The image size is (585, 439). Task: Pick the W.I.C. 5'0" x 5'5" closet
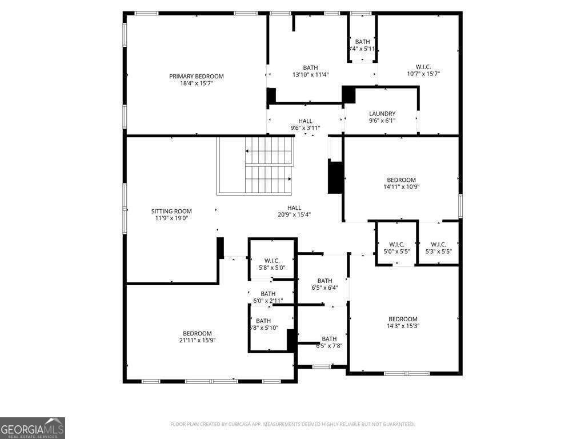pos(396,248)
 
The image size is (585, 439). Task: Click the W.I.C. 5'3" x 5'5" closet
pos(438,248)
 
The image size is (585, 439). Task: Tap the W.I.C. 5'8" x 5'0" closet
pos(271,264)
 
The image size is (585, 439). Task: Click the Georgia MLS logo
pos(33,428)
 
